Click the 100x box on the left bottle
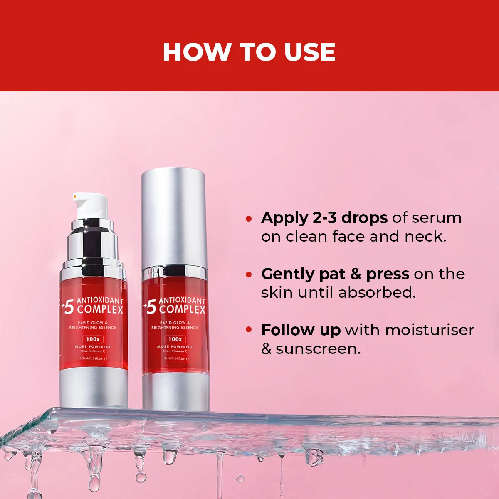(93, 339)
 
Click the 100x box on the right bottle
(175, 339)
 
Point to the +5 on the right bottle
(150, 307)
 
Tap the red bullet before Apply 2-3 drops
(249, 218)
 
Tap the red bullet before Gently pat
(249, 274)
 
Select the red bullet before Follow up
(249, 330)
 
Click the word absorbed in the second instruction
(377, 292)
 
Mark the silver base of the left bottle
(94, 387)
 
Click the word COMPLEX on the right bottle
(182, 310)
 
